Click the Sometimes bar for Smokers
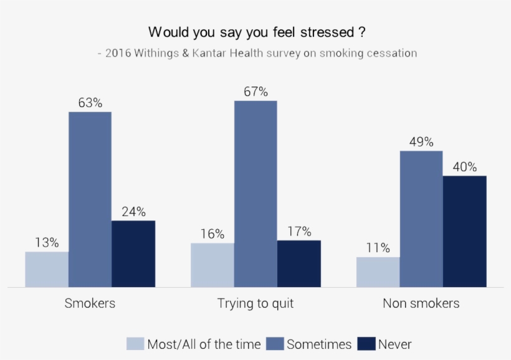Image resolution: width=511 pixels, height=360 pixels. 90,199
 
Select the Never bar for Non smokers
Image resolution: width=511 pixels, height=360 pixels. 464,231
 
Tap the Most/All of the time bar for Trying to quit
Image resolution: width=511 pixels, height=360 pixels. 213,265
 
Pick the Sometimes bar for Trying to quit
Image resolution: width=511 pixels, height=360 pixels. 255,194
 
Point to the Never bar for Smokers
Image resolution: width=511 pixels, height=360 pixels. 133,253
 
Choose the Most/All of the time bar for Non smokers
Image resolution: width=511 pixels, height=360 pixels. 378,272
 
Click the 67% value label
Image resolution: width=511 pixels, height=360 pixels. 255,92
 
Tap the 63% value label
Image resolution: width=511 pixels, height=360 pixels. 90,103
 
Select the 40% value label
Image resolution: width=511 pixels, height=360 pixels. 464,167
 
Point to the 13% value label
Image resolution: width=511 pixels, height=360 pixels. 47,242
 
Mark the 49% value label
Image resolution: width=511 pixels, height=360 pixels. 421,142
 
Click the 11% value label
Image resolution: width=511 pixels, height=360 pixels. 378,248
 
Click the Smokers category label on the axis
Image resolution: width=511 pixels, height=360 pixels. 90,304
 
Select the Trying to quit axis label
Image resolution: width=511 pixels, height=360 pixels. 255,304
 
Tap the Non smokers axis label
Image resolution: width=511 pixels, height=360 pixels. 421,304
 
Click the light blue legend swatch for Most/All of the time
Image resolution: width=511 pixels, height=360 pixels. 135,344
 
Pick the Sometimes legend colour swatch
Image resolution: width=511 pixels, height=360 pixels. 275,344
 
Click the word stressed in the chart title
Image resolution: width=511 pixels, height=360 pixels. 317,31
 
